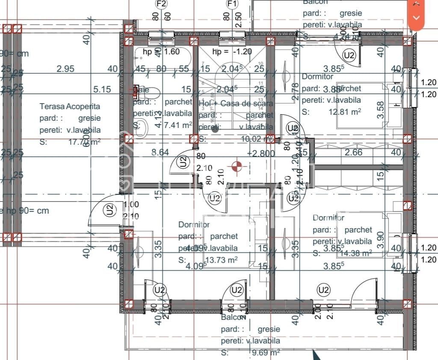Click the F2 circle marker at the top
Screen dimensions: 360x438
pos(161,4)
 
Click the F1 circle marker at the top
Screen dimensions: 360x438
pos(232,4)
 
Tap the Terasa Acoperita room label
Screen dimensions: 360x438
pos(70,106)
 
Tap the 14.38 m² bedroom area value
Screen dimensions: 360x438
pos(355,253)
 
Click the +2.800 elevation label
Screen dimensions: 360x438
pos(260,153)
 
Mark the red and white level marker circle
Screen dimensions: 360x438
pos(236,166)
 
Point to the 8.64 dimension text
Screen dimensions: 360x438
pos(160,152)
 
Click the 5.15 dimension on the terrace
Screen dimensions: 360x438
pos(102,89)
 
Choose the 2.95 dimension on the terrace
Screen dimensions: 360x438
pos(65,68)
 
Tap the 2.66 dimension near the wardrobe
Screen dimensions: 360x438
pos(353,152)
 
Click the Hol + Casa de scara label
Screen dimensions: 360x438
pos(236,103)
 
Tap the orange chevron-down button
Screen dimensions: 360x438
pos(416,18)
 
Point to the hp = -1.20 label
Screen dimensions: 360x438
pos(232,52)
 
